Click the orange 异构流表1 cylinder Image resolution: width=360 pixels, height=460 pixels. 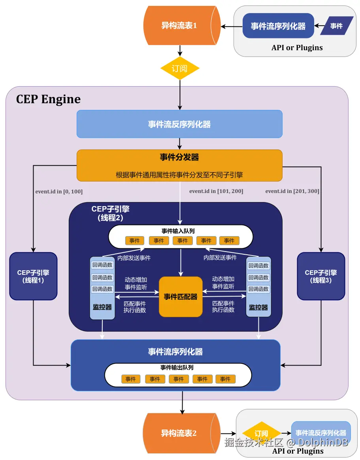pos(182,26)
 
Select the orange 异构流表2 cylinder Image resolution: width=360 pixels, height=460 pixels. pos(181,433)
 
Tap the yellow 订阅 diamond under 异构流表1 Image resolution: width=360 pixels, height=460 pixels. pos(180,69)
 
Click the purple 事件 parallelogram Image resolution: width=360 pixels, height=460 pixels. pos(337,26)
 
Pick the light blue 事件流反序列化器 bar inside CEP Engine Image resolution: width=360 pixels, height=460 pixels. pos(179,124)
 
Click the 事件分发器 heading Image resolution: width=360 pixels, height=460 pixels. pos(179,157)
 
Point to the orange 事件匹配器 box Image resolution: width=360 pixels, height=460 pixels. pos(181,297)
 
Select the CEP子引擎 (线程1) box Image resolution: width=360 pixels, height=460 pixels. pos(33,276)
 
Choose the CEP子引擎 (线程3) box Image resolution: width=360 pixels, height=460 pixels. pos(321,276)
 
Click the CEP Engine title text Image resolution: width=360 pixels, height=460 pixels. pos(48,99)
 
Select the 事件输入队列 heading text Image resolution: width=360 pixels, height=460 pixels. pos(178,231)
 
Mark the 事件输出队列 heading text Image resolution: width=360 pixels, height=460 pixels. pos(177,367)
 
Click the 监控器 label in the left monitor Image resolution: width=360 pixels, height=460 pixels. pos(102,307)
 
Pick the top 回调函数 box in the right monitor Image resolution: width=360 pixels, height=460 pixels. pos(258,265)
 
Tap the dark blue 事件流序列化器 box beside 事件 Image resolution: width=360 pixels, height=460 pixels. pos(278,26)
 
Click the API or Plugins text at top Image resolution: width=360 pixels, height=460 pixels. pos(297,47)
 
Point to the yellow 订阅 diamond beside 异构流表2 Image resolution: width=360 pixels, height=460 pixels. pos(262,433)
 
